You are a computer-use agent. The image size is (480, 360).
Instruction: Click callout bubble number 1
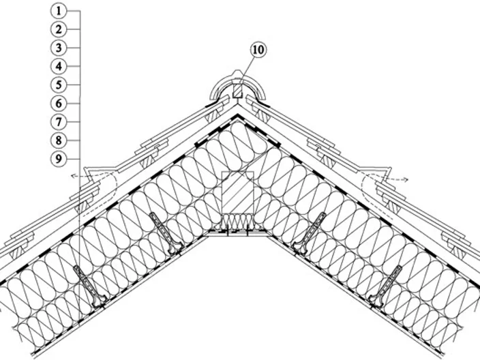59,11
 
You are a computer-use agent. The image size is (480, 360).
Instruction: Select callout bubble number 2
59,29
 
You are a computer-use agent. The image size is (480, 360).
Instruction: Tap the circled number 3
59,48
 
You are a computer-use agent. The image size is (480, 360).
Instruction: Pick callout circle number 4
59,66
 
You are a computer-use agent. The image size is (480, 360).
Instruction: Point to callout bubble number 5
59,85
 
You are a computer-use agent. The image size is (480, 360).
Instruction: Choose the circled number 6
59,104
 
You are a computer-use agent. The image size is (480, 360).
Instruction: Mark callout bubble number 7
59,122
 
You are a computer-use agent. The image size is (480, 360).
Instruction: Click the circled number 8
59,140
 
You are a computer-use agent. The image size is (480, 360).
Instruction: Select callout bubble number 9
59,159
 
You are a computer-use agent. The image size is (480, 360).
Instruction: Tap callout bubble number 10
258,50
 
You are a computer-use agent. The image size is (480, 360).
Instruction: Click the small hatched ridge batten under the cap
237,90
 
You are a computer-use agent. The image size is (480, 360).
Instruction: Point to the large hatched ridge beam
237,192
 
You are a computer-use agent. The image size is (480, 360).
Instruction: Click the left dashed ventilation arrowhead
73,176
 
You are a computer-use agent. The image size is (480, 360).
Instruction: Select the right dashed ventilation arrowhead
406,179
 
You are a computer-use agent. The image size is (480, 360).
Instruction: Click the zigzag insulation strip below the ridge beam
237,220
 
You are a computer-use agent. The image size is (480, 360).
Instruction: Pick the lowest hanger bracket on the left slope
90,287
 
